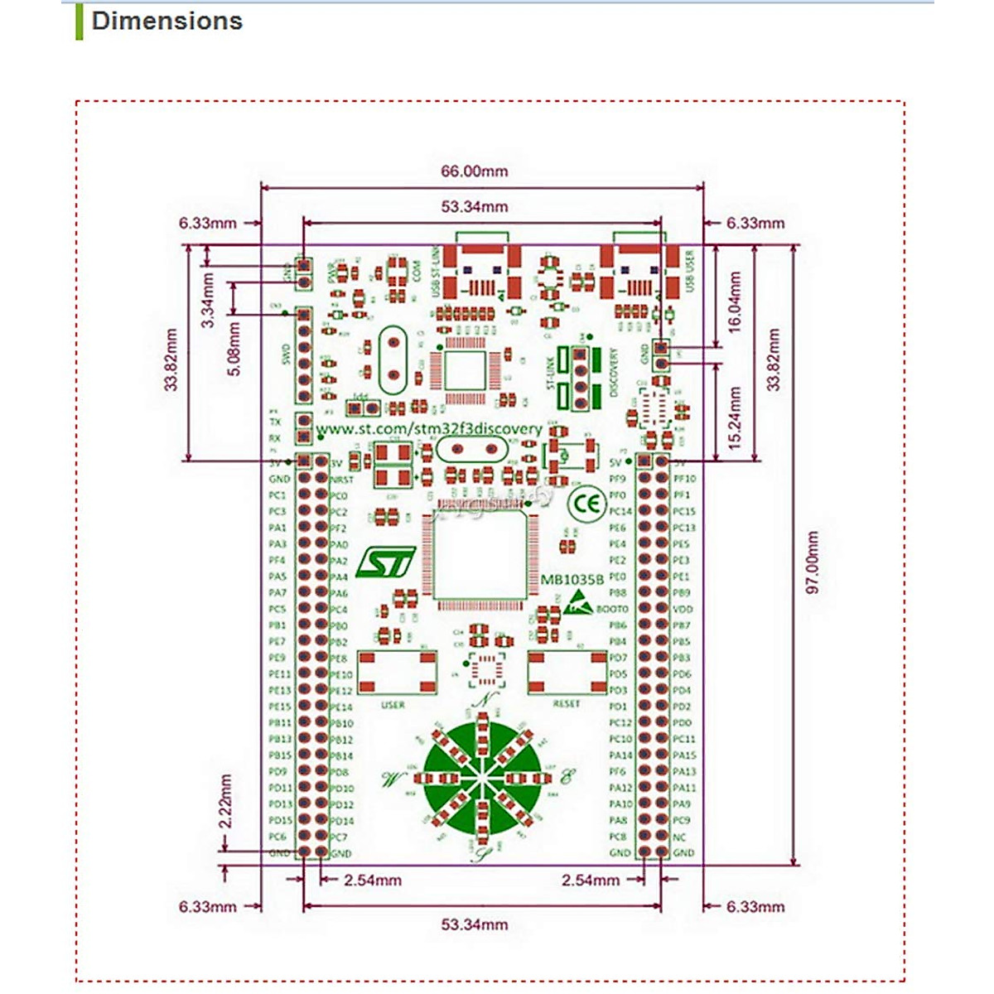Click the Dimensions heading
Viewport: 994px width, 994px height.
pos(166,22)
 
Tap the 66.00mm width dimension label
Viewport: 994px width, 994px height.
pos(474,171)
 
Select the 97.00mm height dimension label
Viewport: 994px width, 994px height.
pos(813,562)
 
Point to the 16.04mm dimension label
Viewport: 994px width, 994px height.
pos(735,302)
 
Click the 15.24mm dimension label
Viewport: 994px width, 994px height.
pos(735,418)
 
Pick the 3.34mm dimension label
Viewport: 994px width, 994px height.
pos(209,300)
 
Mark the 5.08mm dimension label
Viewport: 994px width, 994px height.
pos(234,349)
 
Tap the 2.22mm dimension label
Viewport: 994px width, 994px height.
pos(225,801)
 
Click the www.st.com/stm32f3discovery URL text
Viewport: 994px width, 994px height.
pos(429,429)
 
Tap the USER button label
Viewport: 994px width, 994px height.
pos(393,705)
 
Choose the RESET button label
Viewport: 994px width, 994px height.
pos(567,704)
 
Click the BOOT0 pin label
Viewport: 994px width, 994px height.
pos(612,609)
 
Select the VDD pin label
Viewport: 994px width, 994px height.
pos(683,609)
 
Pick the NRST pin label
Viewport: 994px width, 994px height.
pos(342,480)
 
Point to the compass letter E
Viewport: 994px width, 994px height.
pos(567,777)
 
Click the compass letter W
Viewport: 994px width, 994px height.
pos(391,779)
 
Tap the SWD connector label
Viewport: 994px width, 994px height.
pos(287,354)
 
